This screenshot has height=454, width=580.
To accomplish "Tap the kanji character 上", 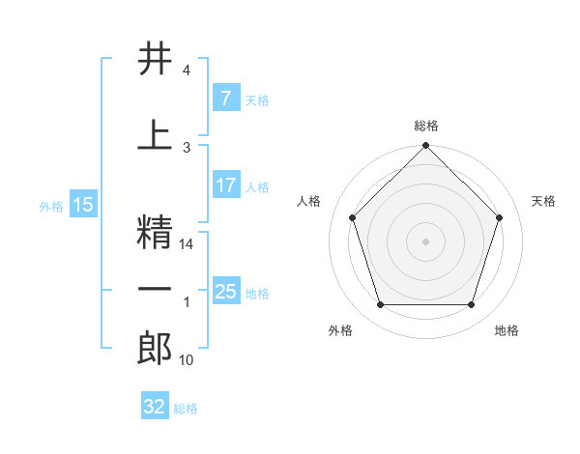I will pos(155,135).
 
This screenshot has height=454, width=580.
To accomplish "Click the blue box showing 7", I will pos(225,98).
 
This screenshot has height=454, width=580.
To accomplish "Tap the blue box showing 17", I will pos(225,185).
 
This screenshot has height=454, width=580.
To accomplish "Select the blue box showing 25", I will pos(225,291).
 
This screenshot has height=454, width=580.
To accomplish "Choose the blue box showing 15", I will pos(82,205).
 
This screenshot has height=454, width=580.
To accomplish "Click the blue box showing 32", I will pos(155,407).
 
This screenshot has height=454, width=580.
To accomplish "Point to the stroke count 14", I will pos(188,245).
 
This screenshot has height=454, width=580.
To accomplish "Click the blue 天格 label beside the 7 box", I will pos(257,99).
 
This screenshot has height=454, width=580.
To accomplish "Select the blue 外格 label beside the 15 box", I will pos(51,206).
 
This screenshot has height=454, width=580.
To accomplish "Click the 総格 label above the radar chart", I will pos(426,127).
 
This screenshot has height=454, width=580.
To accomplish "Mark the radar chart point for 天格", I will pos(499,217).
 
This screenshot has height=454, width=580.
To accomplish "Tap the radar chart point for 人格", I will pos(352,217).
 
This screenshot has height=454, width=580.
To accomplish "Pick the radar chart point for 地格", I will pos(471,304).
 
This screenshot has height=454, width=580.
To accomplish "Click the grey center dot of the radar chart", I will pos(425,241).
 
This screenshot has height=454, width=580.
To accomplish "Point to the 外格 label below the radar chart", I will pos(339,331).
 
